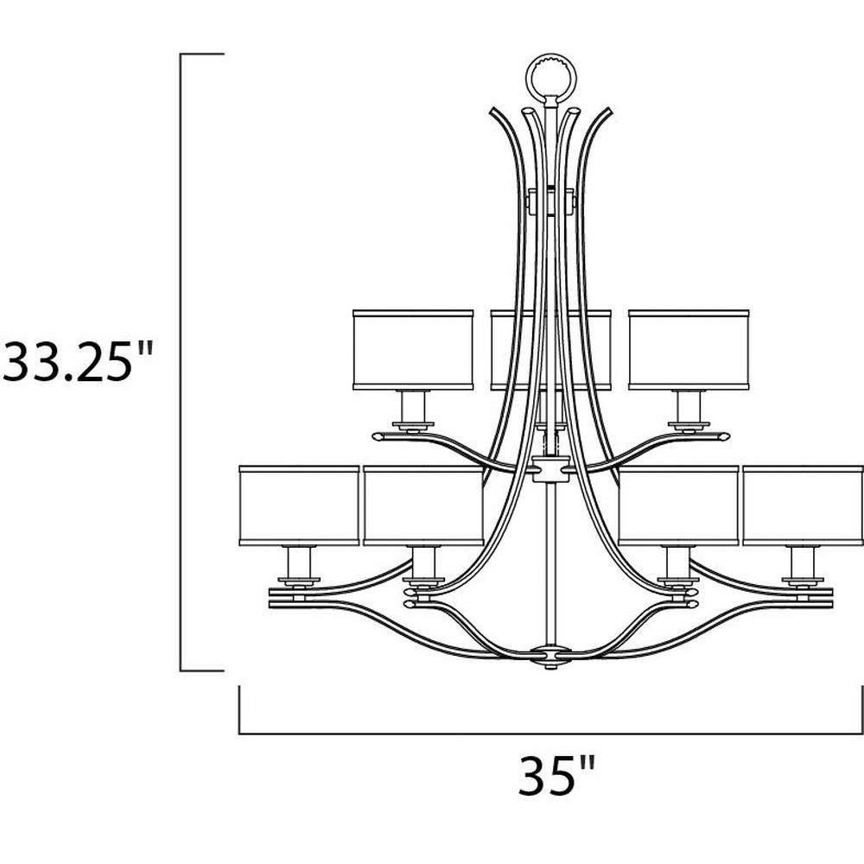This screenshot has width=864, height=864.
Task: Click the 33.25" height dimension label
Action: click(x=77, y=361)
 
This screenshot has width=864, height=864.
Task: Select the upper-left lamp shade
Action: click(x=413, y=350)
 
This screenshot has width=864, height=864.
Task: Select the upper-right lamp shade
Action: click(x=689, y=350)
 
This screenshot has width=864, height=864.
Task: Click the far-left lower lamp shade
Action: click(x=299, y=505)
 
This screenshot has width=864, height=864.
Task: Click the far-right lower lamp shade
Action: click(x=803, y=505)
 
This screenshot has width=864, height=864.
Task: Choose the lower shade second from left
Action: click(x=423, y=505)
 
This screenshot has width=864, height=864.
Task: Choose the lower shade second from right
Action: click(x=678, y=505)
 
